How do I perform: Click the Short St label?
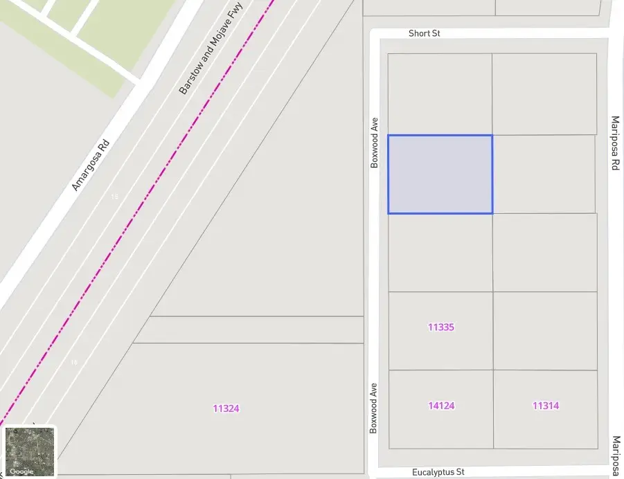(424, 33)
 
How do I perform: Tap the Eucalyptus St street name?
(438, 472)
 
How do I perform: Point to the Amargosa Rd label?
(91, 165)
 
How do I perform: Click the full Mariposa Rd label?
(614, 143)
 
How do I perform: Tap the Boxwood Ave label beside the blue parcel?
(375, 142)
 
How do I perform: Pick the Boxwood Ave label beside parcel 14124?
(374, 408)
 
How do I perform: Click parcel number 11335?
(440, 327)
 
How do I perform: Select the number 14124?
(441, 406)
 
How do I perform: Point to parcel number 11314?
(546, 406)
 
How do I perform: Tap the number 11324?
(226, 409)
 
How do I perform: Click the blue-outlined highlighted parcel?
(440, 174)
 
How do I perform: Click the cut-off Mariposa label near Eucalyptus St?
(616, 456)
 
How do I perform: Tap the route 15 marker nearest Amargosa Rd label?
(114, 197)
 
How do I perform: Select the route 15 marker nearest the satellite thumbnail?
(74, 362)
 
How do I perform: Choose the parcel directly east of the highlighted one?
(544, 174)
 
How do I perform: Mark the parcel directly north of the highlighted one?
(440, 93)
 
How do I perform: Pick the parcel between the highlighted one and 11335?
(440, 252)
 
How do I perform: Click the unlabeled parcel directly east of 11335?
(545, 330)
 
